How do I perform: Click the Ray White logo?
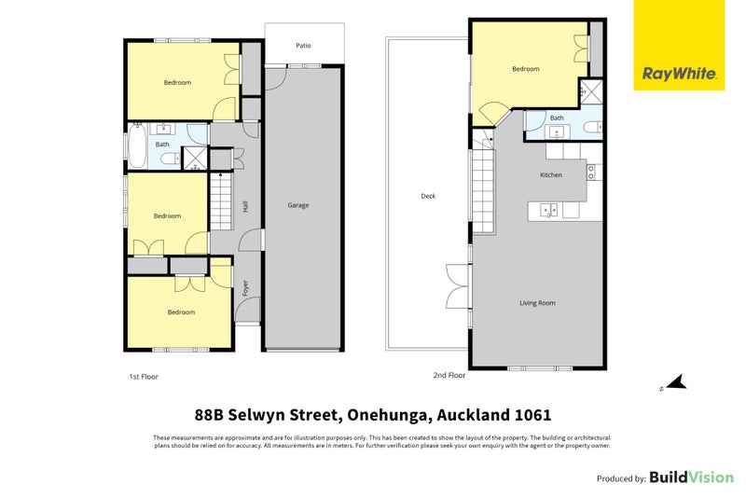(x=679, y=45)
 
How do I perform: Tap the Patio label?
(x=304, y=46)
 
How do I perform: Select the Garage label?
(x=298, y=205)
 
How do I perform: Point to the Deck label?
(x=428, y=196)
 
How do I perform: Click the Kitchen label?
(x=551, y=175)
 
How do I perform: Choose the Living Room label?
(x=538, y=303)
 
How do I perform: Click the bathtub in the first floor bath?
(x=137, y=145)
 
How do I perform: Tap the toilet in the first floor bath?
(x=170, y=159)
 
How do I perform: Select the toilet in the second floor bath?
(x=593, y=127)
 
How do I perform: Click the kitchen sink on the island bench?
(x=548, y=210)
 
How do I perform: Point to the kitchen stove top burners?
(x=591, y=173)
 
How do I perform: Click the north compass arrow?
(x=676, y=382)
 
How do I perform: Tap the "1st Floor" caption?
(x=144, y=377)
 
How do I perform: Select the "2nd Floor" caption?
(x=449, y=375)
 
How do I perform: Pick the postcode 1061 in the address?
(x=533, y=415)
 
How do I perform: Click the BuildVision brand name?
(x=692, y=477)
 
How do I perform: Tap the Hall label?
(x=245, y=206)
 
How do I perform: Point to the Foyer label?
(x=245, y=288)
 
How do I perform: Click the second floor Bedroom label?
(x=526, y=69)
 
